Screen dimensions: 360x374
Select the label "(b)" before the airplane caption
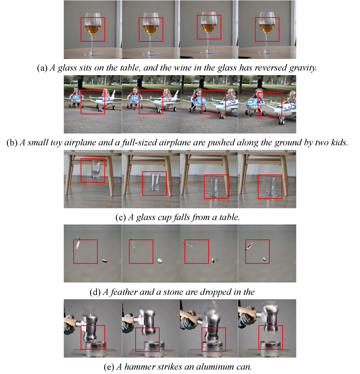pyautogui.click(x=12, y=142)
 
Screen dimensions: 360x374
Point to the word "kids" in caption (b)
pyautogui.click(x=339, y=142)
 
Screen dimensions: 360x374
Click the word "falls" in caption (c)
pyautogui.click(x=181, y=217)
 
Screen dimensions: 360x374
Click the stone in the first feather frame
pyautogui.click(x=104, y=261)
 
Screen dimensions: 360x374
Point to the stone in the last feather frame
pyautogui.click(x=265, y=259)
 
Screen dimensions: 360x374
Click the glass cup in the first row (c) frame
pyautogui.click(x=96, y=169)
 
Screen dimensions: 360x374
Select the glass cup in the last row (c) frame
pyautogui.click(x=271, y=187)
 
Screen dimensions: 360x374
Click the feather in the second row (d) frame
pyautogui.click(x=133, y=245)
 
